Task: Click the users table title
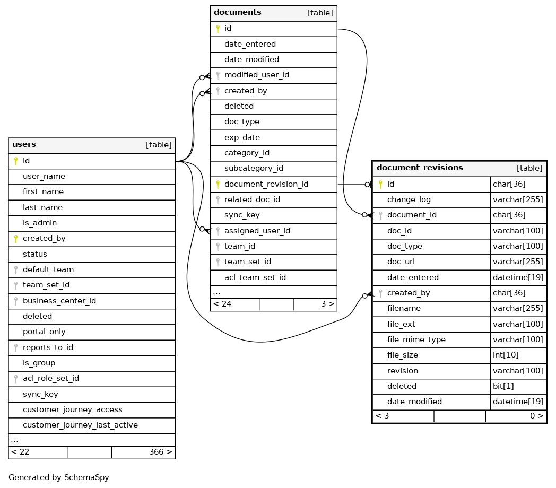(x=24, y=145)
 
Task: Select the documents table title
(x=238, y=13)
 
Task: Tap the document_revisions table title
(x=420, y=168)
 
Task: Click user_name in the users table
(x=44, y=176)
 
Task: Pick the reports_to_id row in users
(x=48, y=347)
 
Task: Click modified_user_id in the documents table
(x=256, y=75)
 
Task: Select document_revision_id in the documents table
(x=266, y=184)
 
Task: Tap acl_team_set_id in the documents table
(x=255, y=277)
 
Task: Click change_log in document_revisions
(x=409, y=199)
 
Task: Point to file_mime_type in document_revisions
(x=416, y=339)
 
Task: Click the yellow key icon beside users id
(x=16, y=161)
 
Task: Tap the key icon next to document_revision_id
(x=218, y=185)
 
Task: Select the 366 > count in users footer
(x=160, y=452)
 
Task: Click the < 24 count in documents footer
(x=222, y=304)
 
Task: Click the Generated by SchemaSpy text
(x=59, y=477)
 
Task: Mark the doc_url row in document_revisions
(x=401, y=262)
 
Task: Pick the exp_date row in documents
(x=242, y=137)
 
